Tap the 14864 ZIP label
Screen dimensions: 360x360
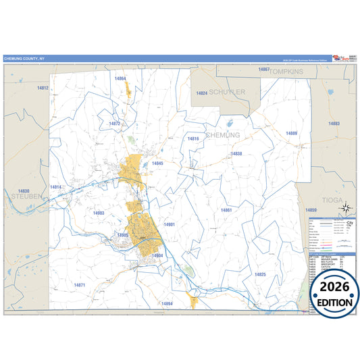[x=120, y=78]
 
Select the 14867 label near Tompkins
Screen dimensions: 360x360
[x=264, y=70]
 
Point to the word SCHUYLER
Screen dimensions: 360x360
[x=227, y=91]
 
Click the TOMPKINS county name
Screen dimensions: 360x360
[x=283, y=70]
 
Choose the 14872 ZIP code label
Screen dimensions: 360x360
[x=114, y=124]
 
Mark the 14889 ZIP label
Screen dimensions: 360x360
[x=291, y=133]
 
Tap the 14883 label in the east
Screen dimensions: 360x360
[x=334, y=124]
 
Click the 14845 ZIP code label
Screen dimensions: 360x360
[x=158, y=163]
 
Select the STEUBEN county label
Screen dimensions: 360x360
[x=24, y=196]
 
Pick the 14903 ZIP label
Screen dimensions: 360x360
[x=99, y=213]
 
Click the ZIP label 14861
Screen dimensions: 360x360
[x=226, y=210]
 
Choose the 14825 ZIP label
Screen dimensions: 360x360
[x=260, y=274]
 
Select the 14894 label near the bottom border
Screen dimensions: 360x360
[x=168, y=304]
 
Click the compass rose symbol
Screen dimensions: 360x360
[x=345, y=209]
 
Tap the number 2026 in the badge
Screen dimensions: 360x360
[x=334, y=286]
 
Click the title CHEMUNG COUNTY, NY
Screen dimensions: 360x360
[x=25, y=58]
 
